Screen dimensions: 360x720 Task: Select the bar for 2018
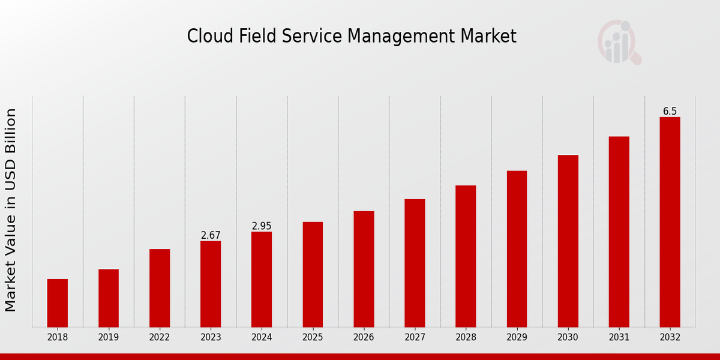58,303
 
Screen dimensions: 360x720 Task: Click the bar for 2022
160,288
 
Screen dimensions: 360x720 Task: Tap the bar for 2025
313,274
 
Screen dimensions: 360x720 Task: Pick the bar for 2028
466,256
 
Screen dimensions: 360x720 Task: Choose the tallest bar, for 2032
670,222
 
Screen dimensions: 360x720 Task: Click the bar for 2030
568,241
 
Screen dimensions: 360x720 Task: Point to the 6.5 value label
670,112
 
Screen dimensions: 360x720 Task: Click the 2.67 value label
211,235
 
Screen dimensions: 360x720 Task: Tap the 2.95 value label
262,226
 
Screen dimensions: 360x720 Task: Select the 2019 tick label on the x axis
109,337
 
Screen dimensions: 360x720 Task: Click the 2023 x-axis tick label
211,337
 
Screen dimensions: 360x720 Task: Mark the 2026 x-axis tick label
364,337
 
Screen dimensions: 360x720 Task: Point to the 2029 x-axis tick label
517,337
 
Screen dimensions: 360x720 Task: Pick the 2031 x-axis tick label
619,337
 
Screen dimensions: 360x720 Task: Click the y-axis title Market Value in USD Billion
11,210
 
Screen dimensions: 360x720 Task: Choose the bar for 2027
415,263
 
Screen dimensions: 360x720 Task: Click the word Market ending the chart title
488,36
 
